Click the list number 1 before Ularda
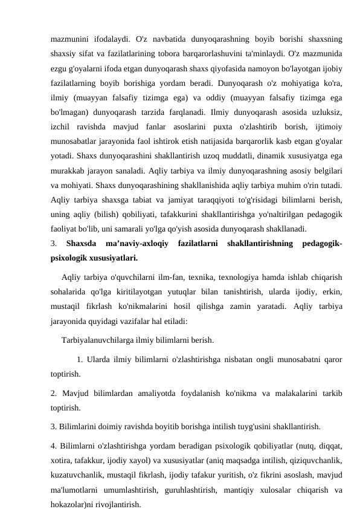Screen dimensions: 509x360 click(80, 361)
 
